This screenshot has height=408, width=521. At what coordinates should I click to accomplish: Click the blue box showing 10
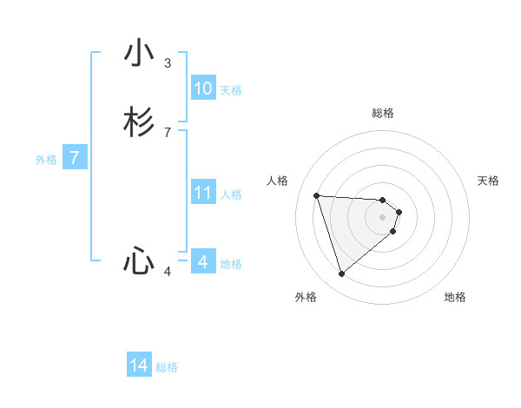[x=203, y=89]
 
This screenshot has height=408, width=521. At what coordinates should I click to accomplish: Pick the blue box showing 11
[x=203, y=193]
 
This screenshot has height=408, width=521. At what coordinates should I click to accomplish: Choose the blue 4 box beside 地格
[x=203, y=262]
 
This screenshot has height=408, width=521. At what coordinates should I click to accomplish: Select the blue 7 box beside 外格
[x=76, y=159]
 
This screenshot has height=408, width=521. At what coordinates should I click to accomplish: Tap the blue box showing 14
[x=139, y=365]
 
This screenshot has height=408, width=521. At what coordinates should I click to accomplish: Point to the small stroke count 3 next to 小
[x=168, y=63]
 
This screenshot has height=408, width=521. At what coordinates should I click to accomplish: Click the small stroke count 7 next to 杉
[x=168, y=133]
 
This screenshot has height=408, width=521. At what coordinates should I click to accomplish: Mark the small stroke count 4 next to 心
[x=168, y=272]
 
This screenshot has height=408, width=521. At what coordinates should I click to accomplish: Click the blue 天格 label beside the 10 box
[x=231, y=90]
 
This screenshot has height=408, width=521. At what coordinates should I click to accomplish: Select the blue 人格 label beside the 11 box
[x=231, y=194]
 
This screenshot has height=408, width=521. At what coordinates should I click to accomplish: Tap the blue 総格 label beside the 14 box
[x=167, y=367]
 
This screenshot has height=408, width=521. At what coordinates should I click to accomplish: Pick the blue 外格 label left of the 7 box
[x=46, y=160]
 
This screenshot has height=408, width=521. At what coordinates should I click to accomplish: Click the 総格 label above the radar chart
[x=383, y=113]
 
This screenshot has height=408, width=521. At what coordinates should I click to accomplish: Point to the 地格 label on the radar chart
[x=455, y=297]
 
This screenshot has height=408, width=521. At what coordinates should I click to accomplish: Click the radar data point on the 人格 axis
[x=317, y=195]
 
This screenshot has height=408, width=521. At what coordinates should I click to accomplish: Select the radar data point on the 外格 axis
[x=342, y=274]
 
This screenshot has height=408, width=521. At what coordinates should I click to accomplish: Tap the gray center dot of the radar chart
[x=383, y=217]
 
